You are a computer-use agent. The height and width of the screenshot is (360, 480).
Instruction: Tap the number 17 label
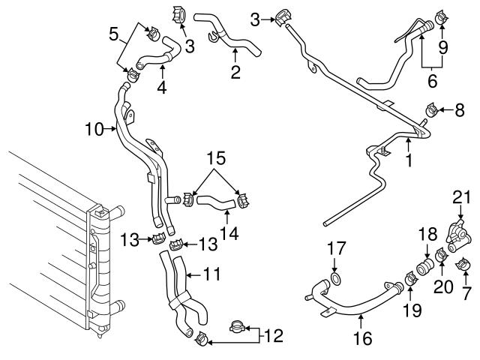point(336,247)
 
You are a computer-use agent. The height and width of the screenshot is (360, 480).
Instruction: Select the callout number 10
point(94,128)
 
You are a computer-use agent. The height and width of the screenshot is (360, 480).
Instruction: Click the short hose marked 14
point(218,201)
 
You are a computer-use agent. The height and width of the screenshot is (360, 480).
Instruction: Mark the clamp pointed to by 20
point(440,259)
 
